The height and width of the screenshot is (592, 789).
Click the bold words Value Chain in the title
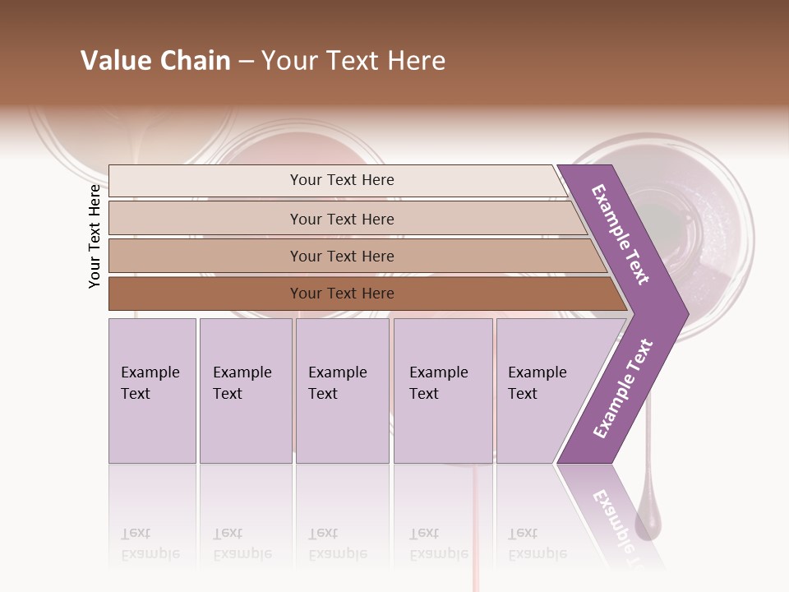click(x=155, y=61)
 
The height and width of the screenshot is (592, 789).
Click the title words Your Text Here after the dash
click(x=353, y=61)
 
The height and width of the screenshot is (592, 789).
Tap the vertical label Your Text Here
click(x=95, y=236)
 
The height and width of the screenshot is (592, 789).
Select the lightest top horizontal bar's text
click(x=342, y=180)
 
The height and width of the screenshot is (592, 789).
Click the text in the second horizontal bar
click(x=342, y=219)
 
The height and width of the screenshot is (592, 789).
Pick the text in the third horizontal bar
click(x=342, y=256)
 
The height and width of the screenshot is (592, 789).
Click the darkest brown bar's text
click(x=342, y=293)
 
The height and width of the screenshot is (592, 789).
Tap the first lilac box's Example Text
click(x=150, y=382)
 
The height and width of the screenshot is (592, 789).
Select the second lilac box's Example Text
click(x=242, y=382)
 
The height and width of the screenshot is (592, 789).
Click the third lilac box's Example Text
click(x=337, y=382)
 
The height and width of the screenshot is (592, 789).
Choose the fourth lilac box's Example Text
click(x=438, y=382)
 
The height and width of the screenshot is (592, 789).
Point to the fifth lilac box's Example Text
click(x=537, y=382)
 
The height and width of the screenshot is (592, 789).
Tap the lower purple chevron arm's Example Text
click(x=623, y=388)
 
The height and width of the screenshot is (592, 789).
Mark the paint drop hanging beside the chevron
click(x=648, y=518)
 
